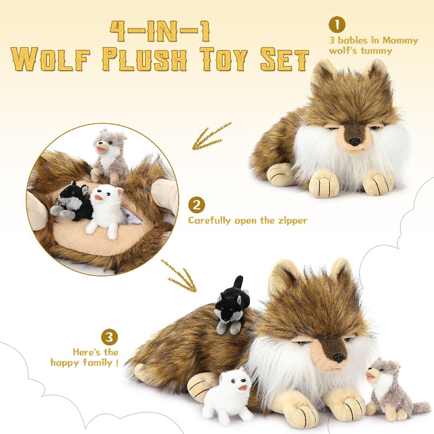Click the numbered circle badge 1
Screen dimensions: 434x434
(337, 25)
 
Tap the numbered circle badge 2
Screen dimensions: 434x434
(196, 205)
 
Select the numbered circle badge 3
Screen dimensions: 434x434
(109, 337)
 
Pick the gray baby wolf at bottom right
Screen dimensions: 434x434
(387, 387)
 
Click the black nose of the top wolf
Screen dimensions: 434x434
(354, 141)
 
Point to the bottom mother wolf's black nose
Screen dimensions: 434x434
(338, 358)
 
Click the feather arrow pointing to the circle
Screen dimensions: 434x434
(211, 137)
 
